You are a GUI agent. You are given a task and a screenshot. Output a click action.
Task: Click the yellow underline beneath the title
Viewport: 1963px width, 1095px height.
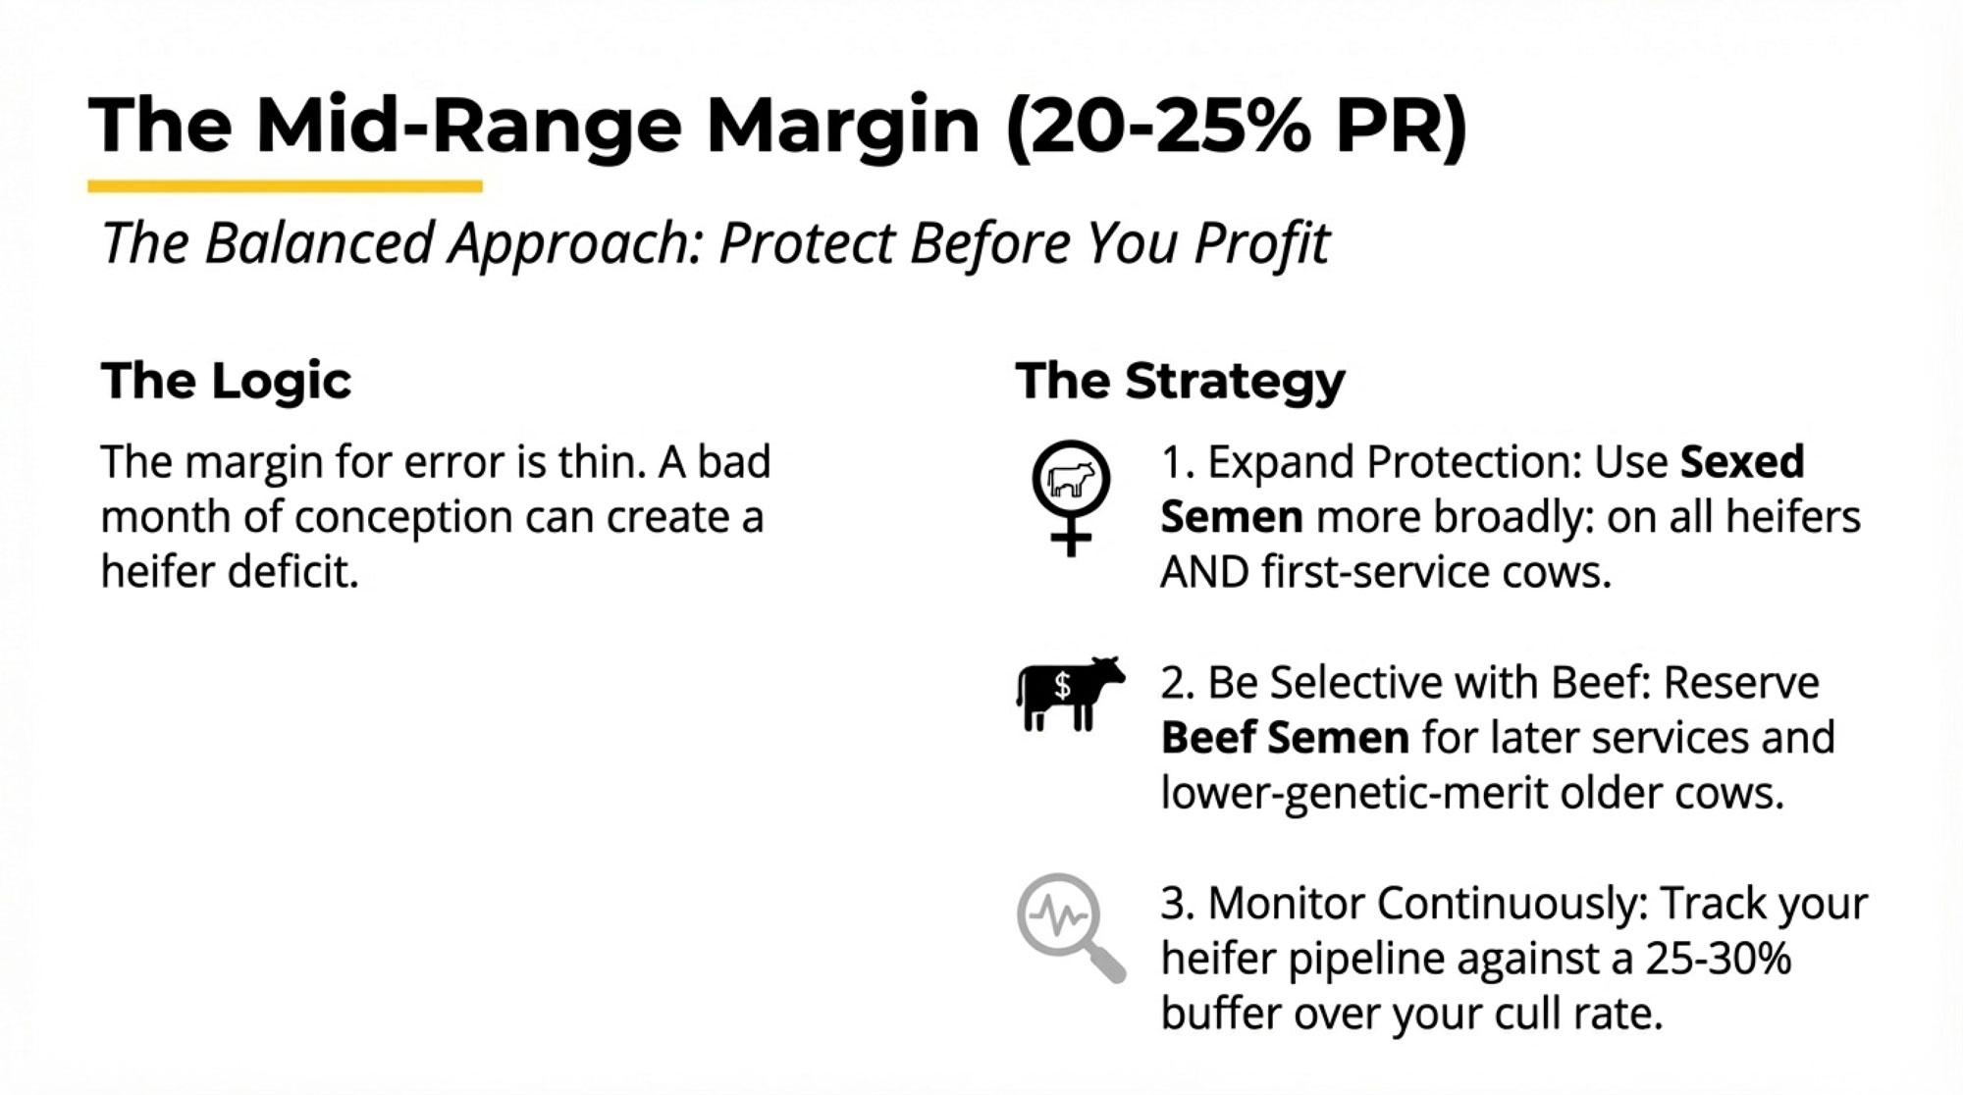click(x=285, y=185)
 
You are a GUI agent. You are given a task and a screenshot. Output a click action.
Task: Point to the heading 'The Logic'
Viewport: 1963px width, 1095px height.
click(x=226, y=381)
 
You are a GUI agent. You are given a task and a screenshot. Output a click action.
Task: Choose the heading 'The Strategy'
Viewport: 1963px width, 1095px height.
click(x=1180, y=382)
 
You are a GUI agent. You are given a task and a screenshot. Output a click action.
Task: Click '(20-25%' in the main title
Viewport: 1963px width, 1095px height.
click(x=1158, y=126)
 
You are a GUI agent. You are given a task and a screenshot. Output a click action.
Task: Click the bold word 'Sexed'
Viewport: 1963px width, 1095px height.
click(x=1742, y=461)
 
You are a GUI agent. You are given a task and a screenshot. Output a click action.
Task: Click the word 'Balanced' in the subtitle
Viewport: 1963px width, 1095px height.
click(x=319, y=242)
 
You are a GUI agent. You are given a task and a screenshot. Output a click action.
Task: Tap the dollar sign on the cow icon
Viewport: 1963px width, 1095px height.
click(x=1062, y=685)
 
